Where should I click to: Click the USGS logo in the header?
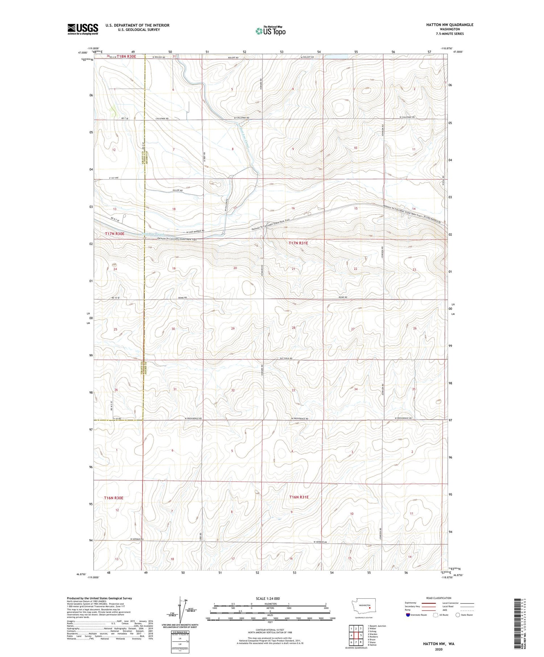[83, 29]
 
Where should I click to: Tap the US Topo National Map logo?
[270, 31]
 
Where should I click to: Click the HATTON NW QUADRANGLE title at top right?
[450, 25]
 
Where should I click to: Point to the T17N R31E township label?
[298, 243]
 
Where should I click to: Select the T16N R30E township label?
[114, 498]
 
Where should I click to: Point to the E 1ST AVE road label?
[114, 178]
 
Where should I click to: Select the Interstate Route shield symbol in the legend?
[408, 615]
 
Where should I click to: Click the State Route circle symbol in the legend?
[458, 615]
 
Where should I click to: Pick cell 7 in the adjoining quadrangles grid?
[356, 642]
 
